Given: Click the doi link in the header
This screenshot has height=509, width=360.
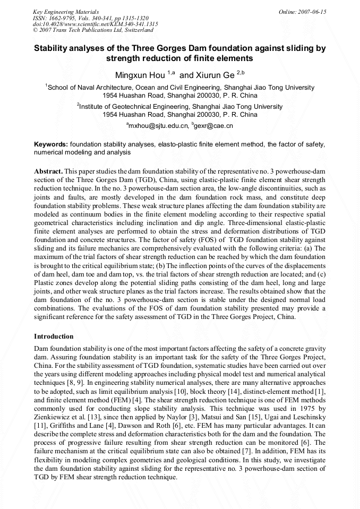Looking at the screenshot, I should click(95, 24).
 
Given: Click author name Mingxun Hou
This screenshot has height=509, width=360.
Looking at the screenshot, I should click(140, 75).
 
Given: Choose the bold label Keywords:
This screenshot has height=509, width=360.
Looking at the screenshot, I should click(50, 144).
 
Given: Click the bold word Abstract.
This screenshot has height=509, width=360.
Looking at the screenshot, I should click(48, 171).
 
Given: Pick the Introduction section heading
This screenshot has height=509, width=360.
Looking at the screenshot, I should click(54, 337).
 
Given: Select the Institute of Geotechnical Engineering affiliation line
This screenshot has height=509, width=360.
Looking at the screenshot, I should click(179, 106).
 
